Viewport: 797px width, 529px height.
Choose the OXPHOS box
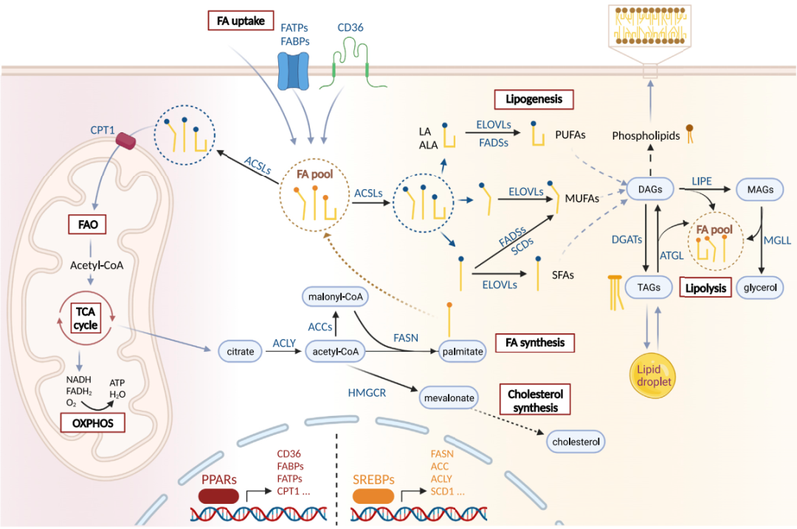pos(92,423)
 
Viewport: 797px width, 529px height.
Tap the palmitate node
pos(463,352)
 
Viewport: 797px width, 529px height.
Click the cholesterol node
pos(576,442)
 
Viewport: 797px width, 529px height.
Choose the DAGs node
pos(652,190)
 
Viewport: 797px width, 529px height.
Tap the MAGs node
pos(760,190)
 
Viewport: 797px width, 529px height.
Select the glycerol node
pos(760,287)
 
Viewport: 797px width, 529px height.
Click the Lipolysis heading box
pos(705,287)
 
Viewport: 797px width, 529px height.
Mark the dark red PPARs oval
pos(221,496)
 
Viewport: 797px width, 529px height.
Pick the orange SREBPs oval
pos(372,496)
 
